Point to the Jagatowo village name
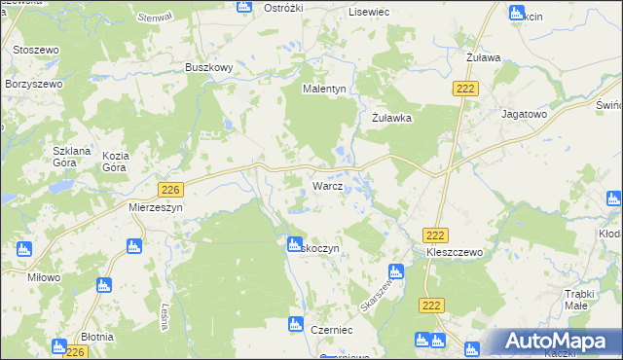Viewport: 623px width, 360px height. pos(524,114)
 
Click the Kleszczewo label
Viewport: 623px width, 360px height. pos(455,251)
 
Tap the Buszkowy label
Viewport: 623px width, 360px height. pos(208,67)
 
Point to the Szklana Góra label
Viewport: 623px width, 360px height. pos(71,159)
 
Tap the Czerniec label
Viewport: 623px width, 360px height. pos(332,330)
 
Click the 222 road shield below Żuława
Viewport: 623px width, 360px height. pos(463,89)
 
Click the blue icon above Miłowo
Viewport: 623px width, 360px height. pos(24,249)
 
